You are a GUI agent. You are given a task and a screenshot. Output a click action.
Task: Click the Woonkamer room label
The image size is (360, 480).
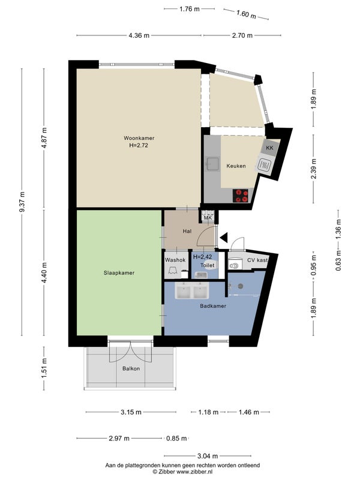(139, 138)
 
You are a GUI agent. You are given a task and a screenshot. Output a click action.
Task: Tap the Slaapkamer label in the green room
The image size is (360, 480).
(119, 273)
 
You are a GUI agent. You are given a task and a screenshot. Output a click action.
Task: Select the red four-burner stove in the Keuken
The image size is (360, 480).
(241, 196)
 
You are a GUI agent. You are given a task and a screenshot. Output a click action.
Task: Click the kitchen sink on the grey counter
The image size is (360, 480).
(212, 163)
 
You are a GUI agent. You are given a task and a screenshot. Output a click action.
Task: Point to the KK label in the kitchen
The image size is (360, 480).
(269, 148)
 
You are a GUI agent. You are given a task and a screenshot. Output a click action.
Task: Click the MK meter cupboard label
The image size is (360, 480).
(208, 218)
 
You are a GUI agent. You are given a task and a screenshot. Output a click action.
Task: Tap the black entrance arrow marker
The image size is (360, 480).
(224, 237)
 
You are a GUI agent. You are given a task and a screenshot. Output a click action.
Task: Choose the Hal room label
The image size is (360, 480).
(187, 231)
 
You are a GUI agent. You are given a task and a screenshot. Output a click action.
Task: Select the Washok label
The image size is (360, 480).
(175, 260)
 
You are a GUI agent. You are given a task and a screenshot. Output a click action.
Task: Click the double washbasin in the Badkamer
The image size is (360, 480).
(191, 290)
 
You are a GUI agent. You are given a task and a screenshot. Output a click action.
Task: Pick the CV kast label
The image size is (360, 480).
(257, 260)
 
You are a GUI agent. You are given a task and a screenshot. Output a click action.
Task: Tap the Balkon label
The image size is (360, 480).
(131, 368)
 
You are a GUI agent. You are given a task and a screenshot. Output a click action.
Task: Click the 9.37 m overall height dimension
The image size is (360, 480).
(22, 202)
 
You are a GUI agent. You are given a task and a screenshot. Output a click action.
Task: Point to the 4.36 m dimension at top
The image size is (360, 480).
(139, 35)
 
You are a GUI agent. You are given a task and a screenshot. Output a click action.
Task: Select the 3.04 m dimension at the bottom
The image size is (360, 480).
(208, 456)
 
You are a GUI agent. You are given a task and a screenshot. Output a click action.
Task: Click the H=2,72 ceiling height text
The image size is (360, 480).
(139, 145)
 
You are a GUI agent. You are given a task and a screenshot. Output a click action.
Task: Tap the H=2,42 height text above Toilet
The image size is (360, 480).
(202, 257)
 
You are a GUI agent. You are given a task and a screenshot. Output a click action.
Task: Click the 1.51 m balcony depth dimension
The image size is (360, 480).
(44, 368)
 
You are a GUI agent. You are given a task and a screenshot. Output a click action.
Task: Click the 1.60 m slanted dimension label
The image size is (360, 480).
(246, 14)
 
